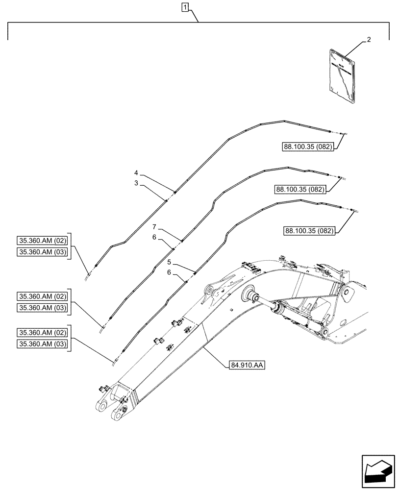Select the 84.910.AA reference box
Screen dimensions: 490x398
(x=246, y=365)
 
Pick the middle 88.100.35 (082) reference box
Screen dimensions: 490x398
(x=300, y=189)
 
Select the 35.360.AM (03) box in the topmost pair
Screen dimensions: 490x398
(x=43, y=251)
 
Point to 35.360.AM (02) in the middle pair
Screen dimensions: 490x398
(x=43, y=296)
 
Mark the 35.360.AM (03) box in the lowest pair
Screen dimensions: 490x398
(x=43, y=344)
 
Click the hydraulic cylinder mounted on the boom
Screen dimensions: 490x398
(x=284, y=310)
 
